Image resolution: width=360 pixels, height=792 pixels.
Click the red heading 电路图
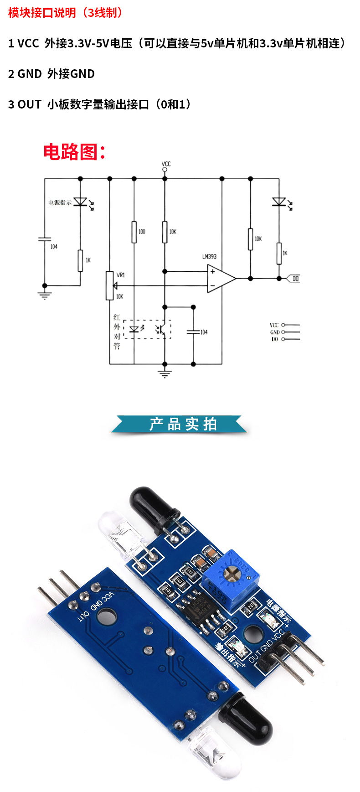pyautogui.click(x=74, y=152)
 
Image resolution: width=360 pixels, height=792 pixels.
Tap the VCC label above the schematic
pyautogui.click(x=166, y=164)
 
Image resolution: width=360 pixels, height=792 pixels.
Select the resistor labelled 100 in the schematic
pyautogui.click(x=134, y=232)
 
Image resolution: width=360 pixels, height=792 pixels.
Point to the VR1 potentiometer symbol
pyautogui.click(x=110, y=285)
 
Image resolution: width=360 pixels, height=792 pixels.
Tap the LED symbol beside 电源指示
pyautogui.click(x=81, y=202)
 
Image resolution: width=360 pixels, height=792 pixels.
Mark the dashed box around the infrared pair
pyautogui.click(x=147, y=329)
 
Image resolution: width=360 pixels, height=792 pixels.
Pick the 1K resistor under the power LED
pyautogui.click(x=81, y=260)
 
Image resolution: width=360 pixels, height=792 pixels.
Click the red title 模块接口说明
pyautogui.click(x=42, y=13)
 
